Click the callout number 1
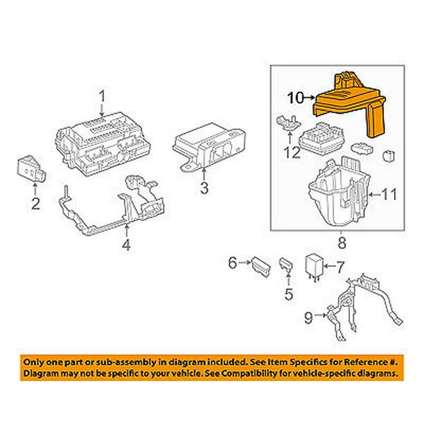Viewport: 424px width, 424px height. [x=102, y=96]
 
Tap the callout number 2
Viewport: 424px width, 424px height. [x=36, y=204]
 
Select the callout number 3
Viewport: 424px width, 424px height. [x=204, y=188]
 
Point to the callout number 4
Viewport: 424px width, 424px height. [x=126, y=245]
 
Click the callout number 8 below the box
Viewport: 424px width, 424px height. [x=342, y=242]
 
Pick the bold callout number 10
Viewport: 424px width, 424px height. [x=296, y=98]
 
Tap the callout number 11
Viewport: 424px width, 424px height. [x=389, y=195]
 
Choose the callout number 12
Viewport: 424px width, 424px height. [x=292, y=152]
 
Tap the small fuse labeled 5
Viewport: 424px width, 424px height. [x=287, y=263]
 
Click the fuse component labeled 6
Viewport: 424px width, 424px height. [x=260, y=267]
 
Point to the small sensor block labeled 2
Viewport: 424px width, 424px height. [x=31, y=169]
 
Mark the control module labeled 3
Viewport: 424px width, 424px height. [x=209, y=147]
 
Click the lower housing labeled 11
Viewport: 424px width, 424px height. [x=339, y=192]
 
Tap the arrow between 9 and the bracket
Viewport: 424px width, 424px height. [x=321, y=315]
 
